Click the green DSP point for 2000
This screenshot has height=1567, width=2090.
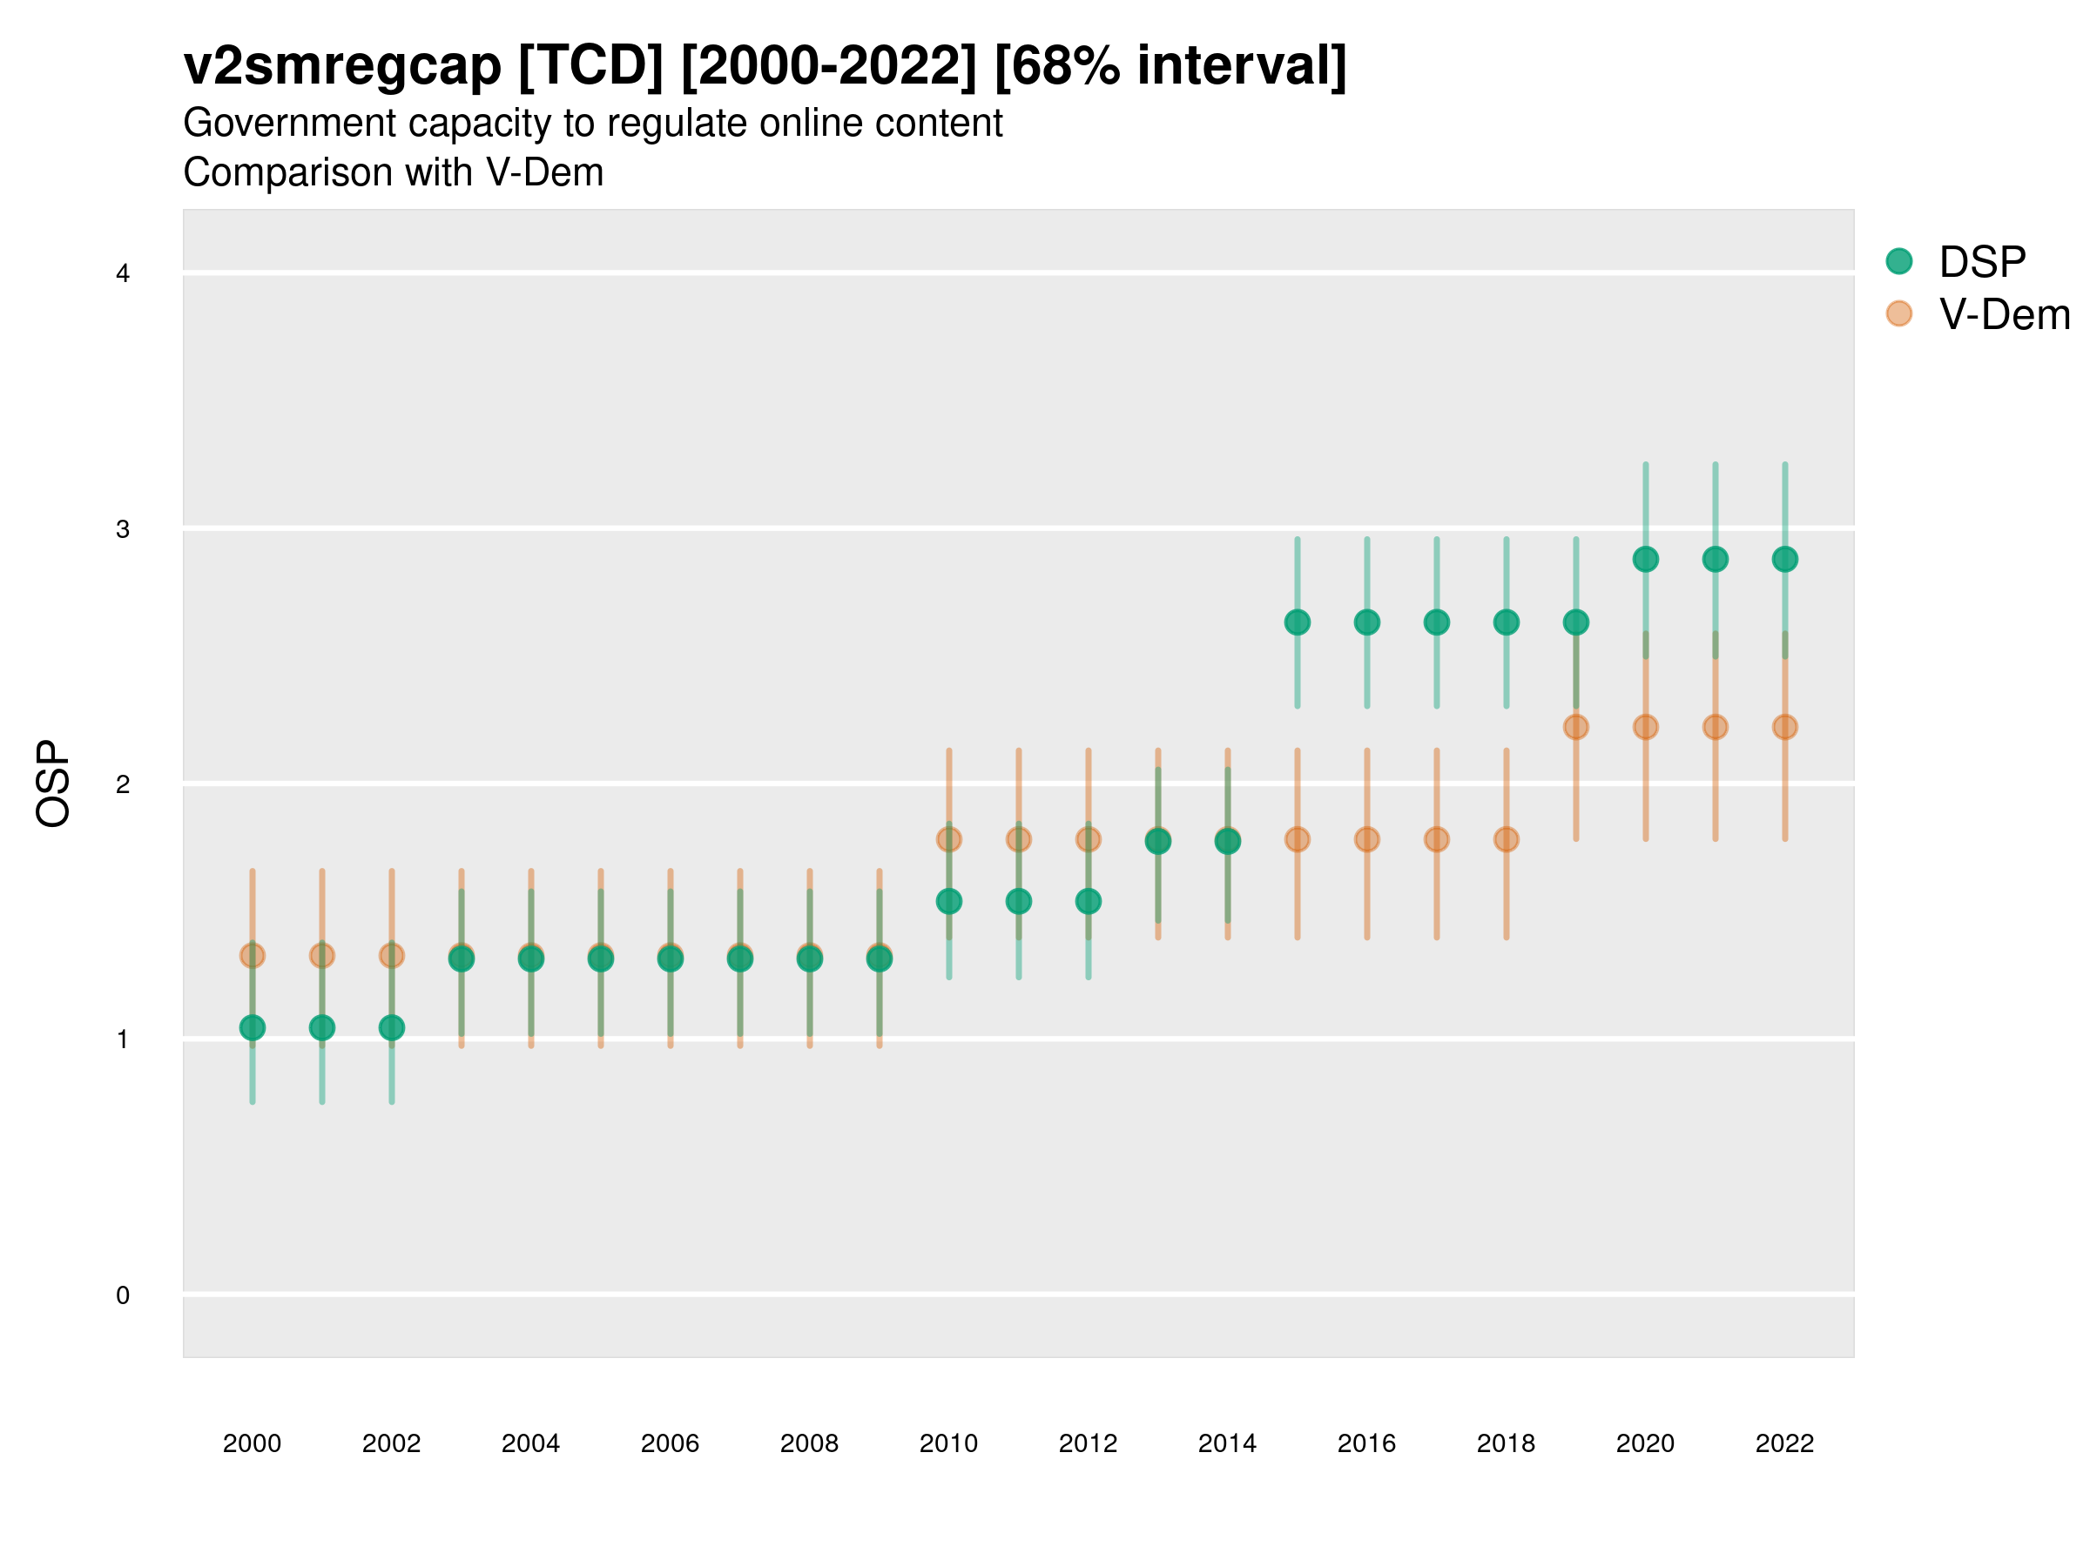coord(253,1027)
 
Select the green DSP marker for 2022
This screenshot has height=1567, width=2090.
coord(1785,559)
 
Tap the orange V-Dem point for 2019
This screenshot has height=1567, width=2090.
coord(1576,727)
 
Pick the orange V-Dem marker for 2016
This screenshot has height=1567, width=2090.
coord(1367,838)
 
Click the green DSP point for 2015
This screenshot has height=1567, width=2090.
coord(1298,622)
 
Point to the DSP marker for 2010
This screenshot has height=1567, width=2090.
coord(948,901)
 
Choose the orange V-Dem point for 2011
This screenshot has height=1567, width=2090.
coord(1019,838)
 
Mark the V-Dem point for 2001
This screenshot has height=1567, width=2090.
coord(322,956)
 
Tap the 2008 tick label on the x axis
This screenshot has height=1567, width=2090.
coord(810,1443)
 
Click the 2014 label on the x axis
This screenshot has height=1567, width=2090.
coord(1227,1443)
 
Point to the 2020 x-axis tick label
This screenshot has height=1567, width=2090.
coord(1645,1443)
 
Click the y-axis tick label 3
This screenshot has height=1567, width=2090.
coord(123,529)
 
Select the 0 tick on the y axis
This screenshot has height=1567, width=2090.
coord(123,1295)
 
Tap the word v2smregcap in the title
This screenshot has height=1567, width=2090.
coord(342,66)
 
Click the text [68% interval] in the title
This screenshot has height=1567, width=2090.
coord(1170,66)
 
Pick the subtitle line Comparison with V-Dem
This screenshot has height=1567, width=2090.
coord(393,173)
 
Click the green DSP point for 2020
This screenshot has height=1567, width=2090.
coord(1646,559)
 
